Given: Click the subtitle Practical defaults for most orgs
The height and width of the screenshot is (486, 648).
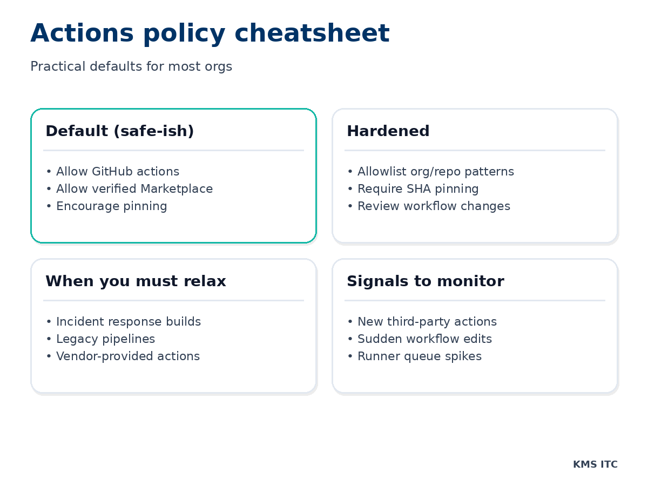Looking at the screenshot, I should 131,67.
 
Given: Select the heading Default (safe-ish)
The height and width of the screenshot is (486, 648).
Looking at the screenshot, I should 119,131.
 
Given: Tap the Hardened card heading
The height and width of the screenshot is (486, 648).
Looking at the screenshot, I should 388,131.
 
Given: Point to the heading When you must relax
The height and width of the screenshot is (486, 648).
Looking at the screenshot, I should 136,281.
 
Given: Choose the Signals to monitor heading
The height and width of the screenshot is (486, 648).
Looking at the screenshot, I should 425,281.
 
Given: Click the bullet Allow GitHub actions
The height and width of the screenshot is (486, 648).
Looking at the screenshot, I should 117,172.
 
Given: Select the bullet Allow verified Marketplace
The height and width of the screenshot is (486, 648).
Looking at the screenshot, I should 134,189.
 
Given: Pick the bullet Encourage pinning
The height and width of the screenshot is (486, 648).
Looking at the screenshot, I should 111,206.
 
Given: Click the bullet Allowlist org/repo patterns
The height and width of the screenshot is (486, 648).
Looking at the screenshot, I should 435,172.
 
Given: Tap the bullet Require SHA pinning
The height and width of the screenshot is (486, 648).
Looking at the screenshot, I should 417,189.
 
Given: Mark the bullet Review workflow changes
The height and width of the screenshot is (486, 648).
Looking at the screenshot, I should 433,206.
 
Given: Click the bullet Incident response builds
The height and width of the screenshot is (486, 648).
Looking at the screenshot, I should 128,322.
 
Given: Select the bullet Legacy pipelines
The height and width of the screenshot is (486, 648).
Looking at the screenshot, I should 105,339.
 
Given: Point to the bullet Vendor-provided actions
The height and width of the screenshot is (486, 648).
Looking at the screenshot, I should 127,356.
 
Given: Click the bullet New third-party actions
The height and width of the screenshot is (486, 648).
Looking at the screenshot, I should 427,322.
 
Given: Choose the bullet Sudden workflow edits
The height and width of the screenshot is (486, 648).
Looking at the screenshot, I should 424,339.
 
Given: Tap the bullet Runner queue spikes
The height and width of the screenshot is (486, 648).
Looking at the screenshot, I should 419,356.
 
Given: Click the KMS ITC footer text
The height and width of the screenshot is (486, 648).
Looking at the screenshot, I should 595,464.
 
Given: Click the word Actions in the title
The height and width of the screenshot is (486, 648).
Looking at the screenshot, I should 82,34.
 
